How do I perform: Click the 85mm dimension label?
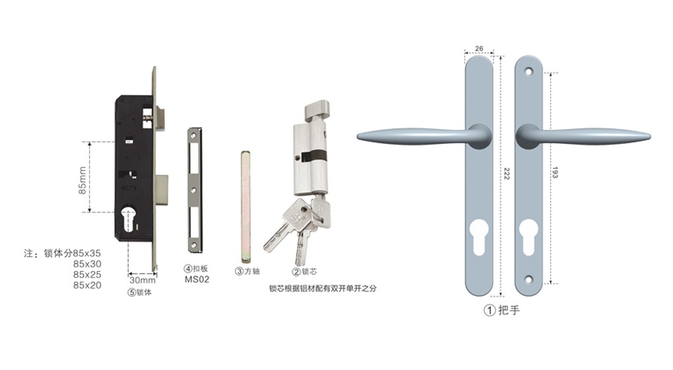point(82,180)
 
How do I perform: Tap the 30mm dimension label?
point(143,280)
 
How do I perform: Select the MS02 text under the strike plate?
point(197,279)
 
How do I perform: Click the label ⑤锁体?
point(139,293)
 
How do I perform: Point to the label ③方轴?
point(247,271)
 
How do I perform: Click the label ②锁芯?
point(304,272)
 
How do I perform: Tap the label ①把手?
point(501,310)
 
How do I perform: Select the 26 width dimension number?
point(479,48)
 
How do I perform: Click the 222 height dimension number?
point(507,174)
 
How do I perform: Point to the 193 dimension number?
point(554,172)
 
